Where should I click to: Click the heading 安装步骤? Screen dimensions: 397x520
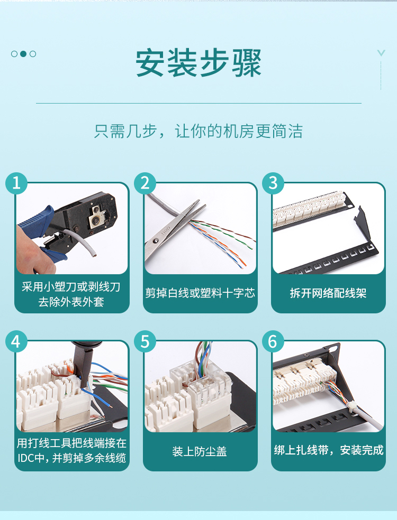click(198, 63)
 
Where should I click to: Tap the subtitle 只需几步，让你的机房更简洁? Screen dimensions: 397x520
click(198, 131)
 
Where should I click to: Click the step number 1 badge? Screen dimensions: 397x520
click(16, 183)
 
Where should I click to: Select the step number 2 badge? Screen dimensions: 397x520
click(145, 183)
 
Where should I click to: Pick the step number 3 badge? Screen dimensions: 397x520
click(273, 183)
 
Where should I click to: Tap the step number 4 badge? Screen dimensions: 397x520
click(16, 341)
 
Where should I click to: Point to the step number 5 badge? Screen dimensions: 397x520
click(145, 341)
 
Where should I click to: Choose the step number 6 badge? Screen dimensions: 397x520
click(273, 341)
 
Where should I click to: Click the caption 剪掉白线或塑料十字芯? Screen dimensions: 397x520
click(200, 293)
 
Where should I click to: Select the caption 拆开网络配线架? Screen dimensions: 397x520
click(328, 293)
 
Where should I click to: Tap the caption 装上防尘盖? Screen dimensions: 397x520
click(200, 451)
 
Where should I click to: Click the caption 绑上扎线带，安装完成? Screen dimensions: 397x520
click(329, 450)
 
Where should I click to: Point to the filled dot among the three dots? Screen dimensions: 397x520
click(23, 54)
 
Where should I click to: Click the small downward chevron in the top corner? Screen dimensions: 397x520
click(381, 53)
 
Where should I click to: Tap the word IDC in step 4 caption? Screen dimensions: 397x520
click(26, 458)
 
